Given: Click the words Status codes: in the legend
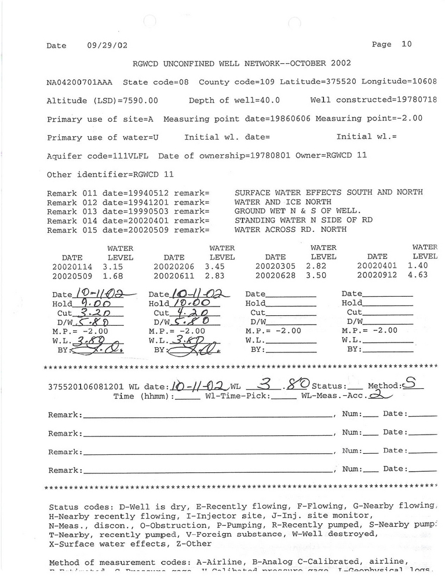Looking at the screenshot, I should [x=78, y=506].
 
